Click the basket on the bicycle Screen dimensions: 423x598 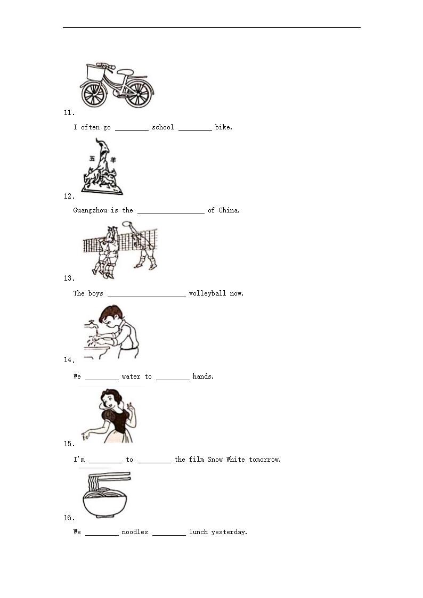(96, 72)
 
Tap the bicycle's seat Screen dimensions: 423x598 (125, 72)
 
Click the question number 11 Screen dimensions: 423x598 (69, 112)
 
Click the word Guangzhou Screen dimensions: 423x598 (90, 210)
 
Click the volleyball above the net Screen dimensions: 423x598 (127, 224)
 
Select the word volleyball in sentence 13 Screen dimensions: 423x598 (207, 293)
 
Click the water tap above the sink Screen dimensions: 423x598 (91, 324)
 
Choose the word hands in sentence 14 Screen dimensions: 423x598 (203, 376)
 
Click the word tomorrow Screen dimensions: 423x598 (265, 460)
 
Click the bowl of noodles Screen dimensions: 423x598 (105, 502)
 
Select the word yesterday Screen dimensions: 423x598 (229, 532)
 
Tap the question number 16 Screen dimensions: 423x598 (69, 518)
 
